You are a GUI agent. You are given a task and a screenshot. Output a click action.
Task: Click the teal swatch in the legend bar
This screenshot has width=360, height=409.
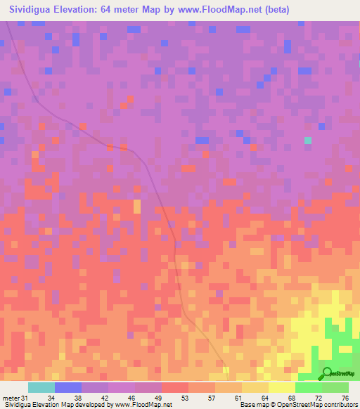tap(41, 387)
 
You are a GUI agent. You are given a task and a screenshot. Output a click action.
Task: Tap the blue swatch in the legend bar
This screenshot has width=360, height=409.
tap(68, 387)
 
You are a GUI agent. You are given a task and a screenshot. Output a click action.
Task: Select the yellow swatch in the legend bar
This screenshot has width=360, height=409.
tap(282, 387)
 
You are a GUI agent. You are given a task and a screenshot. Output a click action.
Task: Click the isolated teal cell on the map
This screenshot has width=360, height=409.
tap(308, 141)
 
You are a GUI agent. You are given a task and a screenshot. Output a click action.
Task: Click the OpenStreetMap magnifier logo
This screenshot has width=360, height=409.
tap(328, 373)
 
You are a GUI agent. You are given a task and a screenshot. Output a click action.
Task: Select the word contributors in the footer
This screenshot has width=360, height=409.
tap(337, 405)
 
